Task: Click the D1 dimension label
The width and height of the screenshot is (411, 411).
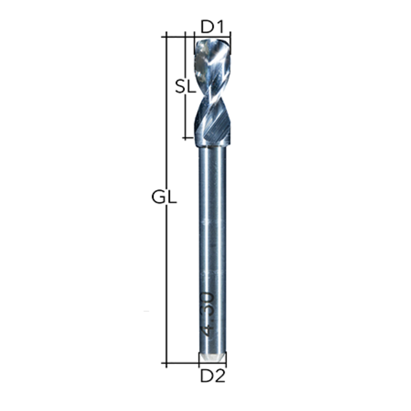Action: pyautogui.click(x=212, y=27)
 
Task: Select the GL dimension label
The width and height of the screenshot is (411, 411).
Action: pyautogui.click(x=164, y=197)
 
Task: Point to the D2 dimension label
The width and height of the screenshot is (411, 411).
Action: pyautogui.click(x=213, y=376)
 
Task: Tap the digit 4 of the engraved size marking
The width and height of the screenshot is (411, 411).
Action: pyautogui.click(x=208, y=331)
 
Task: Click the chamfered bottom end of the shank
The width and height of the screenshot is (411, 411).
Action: pyautogui.click(x=212, y=357)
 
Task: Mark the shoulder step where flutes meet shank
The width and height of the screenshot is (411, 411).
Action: pyautogui.click(x=213, y=145)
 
